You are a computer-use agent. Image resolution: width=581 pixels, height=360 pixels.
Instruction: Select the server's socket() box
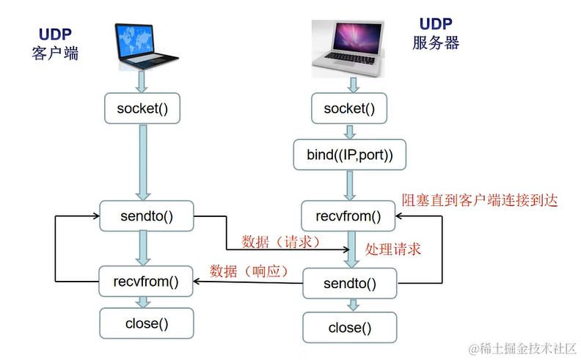[x=348, y=109]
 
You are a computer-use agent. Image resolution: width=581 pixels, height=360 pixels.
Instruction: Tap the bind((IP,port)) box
[x=348, y=155]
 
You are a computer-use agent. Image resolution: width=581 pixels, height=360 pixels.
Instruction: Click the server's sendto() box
[x=348, y=284]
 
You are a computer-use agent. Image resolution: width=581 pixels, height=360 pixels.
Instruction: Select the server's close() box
[x=348, y=328]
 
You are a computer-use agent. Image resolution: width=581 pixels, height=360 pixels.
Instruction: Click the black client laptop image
[x=146, y=45]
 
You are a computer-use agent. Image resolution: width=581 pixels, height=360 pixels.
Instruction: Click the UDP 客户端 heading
[x=55, y=44]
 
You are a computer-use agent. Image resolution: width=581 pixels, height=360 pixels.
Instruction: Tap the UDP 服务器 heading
[x=435, y=34]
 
